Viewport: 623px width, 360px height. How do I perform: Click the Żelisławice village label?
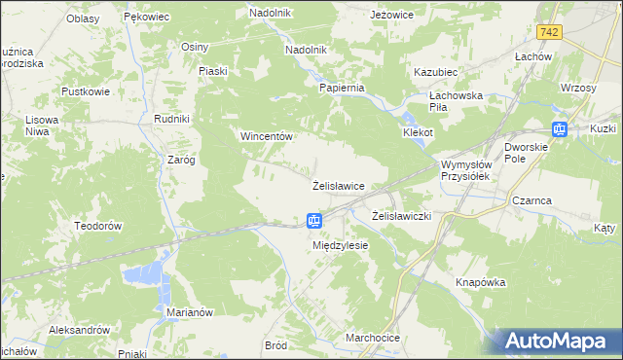coord(338,185)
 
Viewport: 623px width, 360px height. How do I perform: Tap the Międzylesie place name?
coord(340,245)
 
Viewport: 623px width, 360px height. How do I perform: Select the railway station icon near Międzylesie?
coord(314,221)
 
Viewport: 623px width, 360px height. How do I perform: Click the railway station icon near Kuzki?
coord(560,128)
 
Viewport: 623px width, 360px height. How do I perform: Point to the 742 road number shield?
coord(550,32)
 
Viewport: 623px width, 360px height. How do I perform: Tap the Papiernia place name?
coord(342,88)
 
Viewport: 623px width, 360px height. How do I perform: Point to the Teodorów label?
coord(96,225)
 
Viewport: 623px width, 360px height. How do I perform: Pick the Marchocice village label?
coord(373,338)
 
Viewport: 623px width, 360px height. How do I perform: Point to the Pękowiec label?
coord(148,18)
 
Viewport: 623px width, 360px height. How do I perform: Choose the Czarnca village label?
coord(531,199)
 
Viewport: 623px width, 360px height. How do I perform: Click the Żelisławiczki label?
coord(402,215)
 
